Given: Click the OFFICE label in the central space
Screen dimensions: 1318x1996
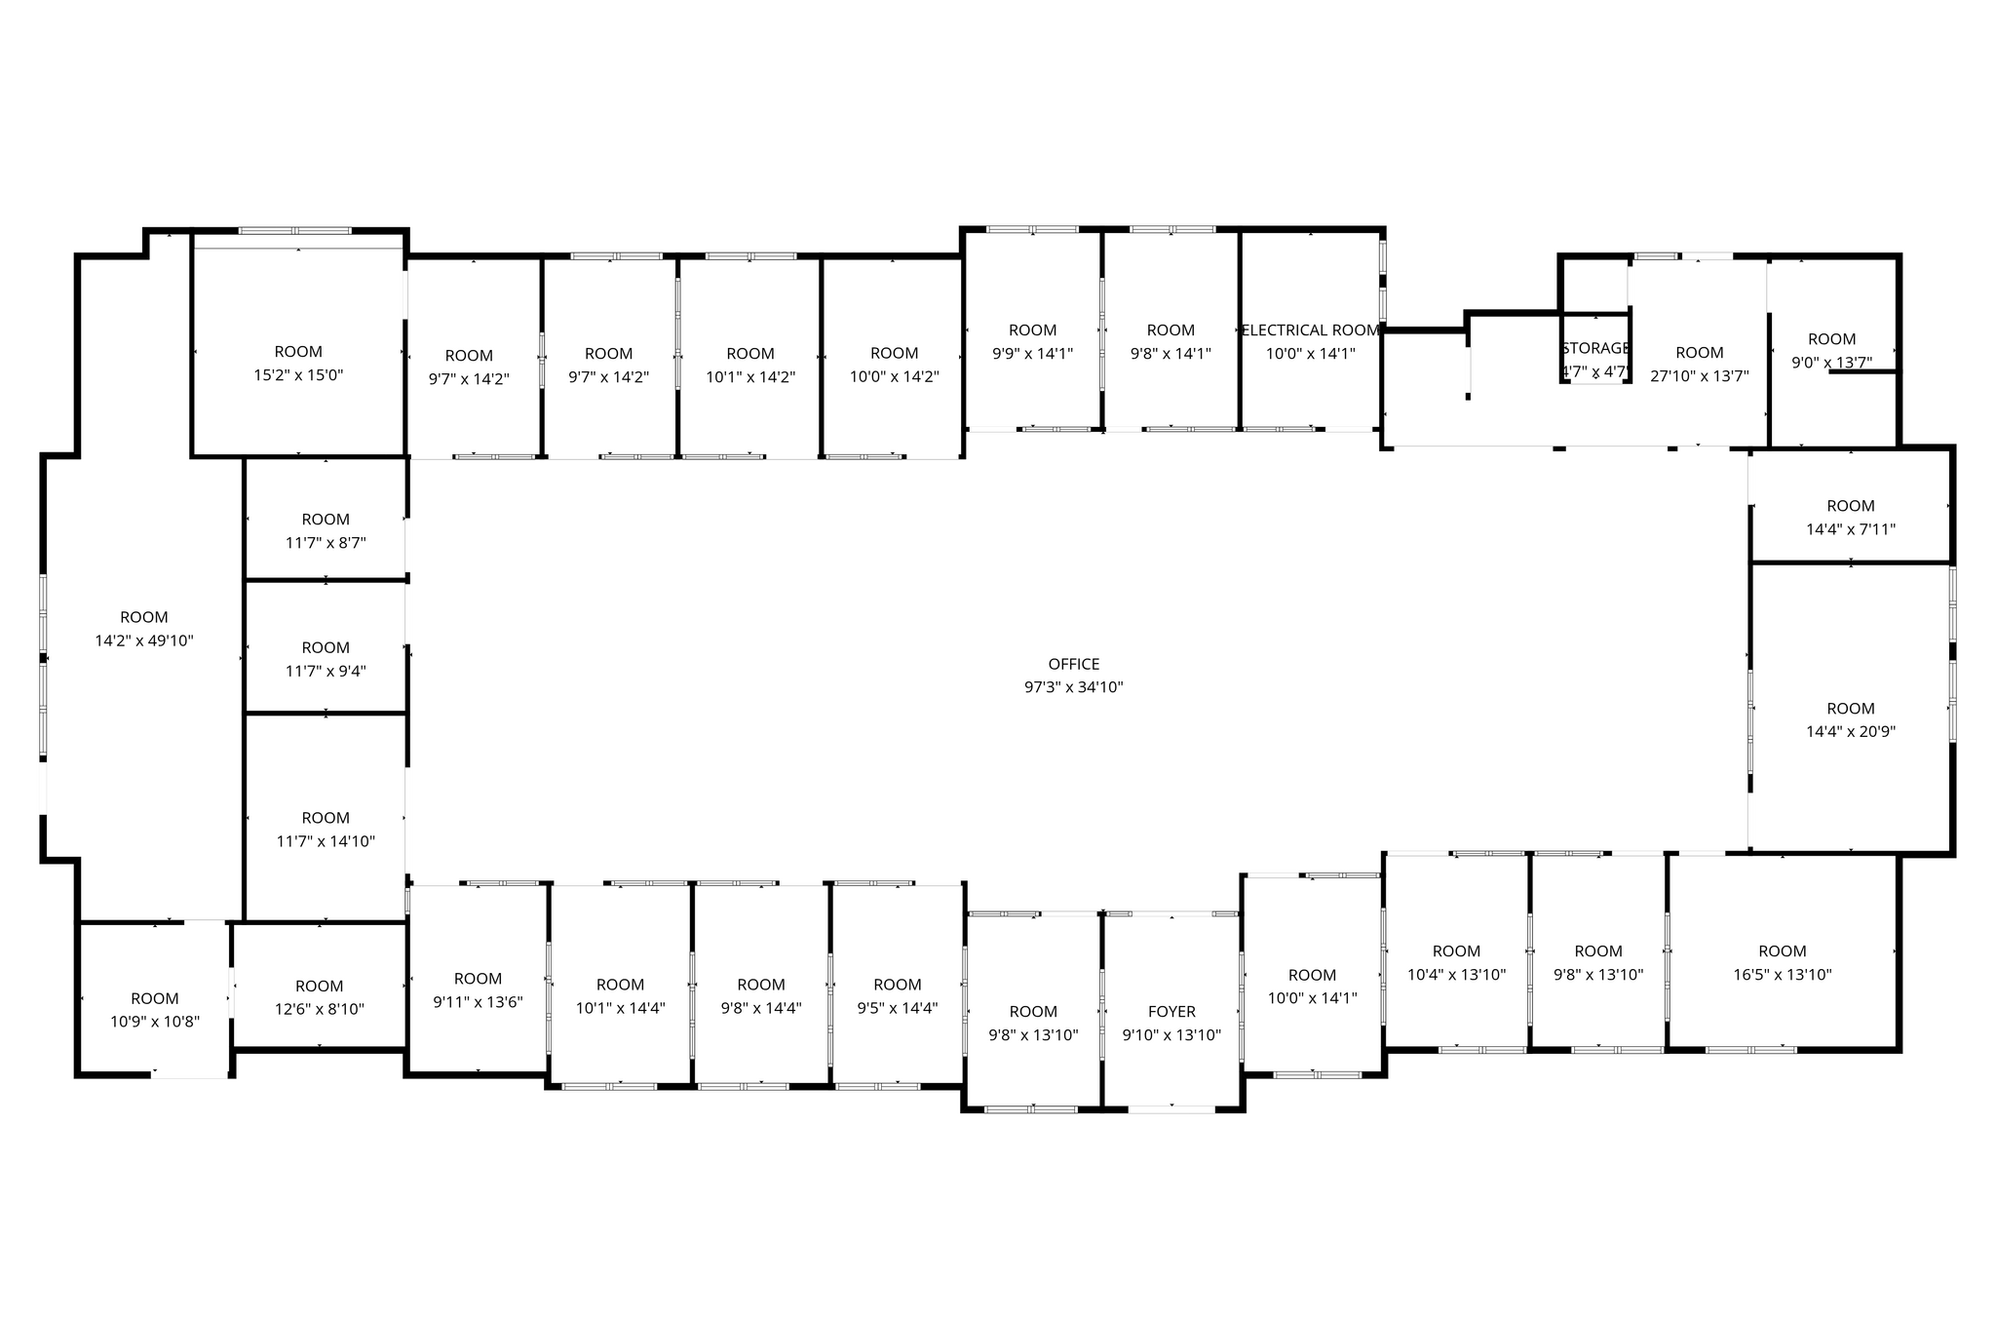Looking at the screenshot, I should pos(1073,664).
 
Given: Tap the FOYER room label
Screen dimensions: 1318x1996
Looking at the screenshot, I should pos(1171,1012).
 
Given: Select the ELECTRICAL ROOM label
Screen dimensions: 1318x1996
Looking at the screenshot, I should pos(1310,330).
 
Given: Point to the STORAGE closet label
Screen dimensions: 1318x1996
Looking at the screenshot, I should pos(1595,348).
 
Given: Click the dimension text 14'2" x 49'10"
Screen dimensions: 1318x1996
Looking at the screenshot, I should pos(144,640).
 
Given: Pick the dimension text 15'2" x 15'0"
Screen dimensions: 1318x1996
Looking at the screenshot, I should pos(298,375).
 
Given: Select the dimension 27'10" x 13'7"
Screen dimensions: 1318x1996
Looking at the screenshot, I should pos(1700,376).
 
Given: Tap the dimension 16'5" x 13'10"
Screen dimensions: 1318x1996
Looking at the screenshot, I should pos(1782,975).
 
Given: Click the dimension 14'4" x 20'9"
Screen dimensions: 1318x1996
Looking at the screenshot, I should pos(1850,732).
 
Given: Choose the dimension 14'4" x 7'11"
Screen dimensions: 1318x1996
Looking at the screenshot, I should pos(1850,529).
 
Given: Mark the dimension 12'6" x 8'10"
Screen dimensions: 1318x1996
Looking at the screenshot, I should pos(319,1010).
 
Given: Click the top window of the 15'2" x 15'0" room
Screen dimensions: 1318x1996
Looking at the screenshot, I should pos(294,231).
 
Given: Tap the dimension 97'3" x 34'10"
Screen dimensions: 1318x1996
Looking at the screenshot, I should pos(1073,687).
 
